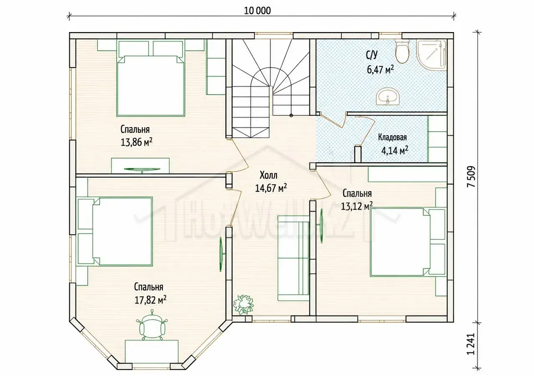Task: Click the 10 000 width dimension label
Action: click(257, 11)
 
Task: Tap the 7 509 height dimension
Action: click(471, 176)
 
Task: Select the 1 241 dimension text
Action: click(471, 347)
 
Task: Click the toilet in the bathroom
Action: click(402, 51)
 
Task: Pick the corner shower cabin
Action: click(431, 55)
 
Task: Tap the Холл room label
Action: click(268, 176)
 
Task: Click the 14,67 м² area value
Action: click(271, 188)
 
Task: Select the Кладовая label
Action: click(393, 138)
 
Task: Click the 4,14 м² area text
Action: click(395, 151)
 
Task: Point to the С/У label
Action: click(372, 55)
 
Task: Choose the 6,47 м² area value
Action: click(380, 70)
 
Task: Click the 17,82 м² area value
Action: click(151, 300)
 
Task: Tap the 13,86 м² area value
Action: click(136, 142)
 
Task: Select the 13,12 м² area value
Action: click(357, 206)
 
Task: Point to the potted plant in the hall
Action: click(244, 305)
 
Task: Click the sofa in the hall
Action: click(294, 258)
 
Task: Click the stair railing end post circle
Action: click(291, 116)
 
